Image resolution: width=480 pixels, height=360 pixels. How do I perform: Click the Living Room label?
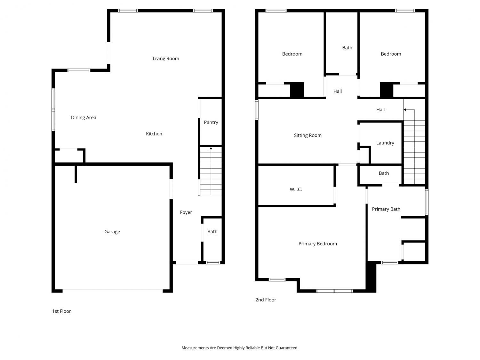166,59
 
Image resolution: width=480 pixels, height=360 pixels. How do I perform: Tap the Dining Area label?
84,117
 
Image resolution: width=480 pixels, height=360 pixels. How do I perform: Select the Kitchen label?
154,134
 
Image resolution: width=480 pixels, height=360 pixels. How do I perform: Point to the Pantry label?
211,123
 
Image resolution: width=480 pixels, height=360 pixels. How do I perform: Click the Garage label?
112,232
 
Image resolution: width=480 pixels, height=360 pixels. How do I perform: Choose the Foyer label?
186,212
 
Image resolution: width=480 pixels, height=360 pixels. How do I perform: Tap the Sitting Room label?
308,135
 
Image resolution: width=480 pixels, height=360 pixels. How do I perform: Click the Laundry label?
385,143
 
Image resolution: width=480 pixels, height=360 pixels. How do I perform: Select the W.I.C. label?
296,189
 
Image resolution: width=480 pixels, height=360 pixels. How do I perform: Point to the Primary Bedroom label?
317,244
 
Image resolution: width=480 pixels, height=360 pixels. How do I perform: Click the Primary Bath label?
386,209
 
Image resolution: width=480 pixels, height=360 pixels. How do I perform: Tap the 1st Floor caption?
61,311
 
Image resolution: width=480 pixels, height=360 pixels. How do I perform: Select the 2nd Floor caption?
266,300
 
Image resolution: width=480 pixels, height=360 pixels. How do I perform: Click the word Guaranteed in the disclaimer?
287,348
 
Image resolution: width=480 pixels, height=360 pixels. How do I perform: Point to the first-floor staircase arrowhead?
211,148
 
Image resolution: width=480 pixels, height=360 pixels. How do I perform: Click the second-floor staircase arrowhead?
405,110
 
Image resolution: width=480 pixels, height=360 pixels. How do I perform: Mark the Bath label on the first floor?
212,232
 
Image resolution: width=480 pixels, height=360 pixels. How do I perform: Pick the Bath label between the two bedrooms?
347,48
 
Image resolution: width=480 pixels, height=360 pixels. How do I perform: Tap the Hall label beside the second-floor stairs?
380,110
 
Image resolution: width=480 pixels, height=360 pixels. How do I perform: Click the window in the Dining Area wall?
53,110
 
